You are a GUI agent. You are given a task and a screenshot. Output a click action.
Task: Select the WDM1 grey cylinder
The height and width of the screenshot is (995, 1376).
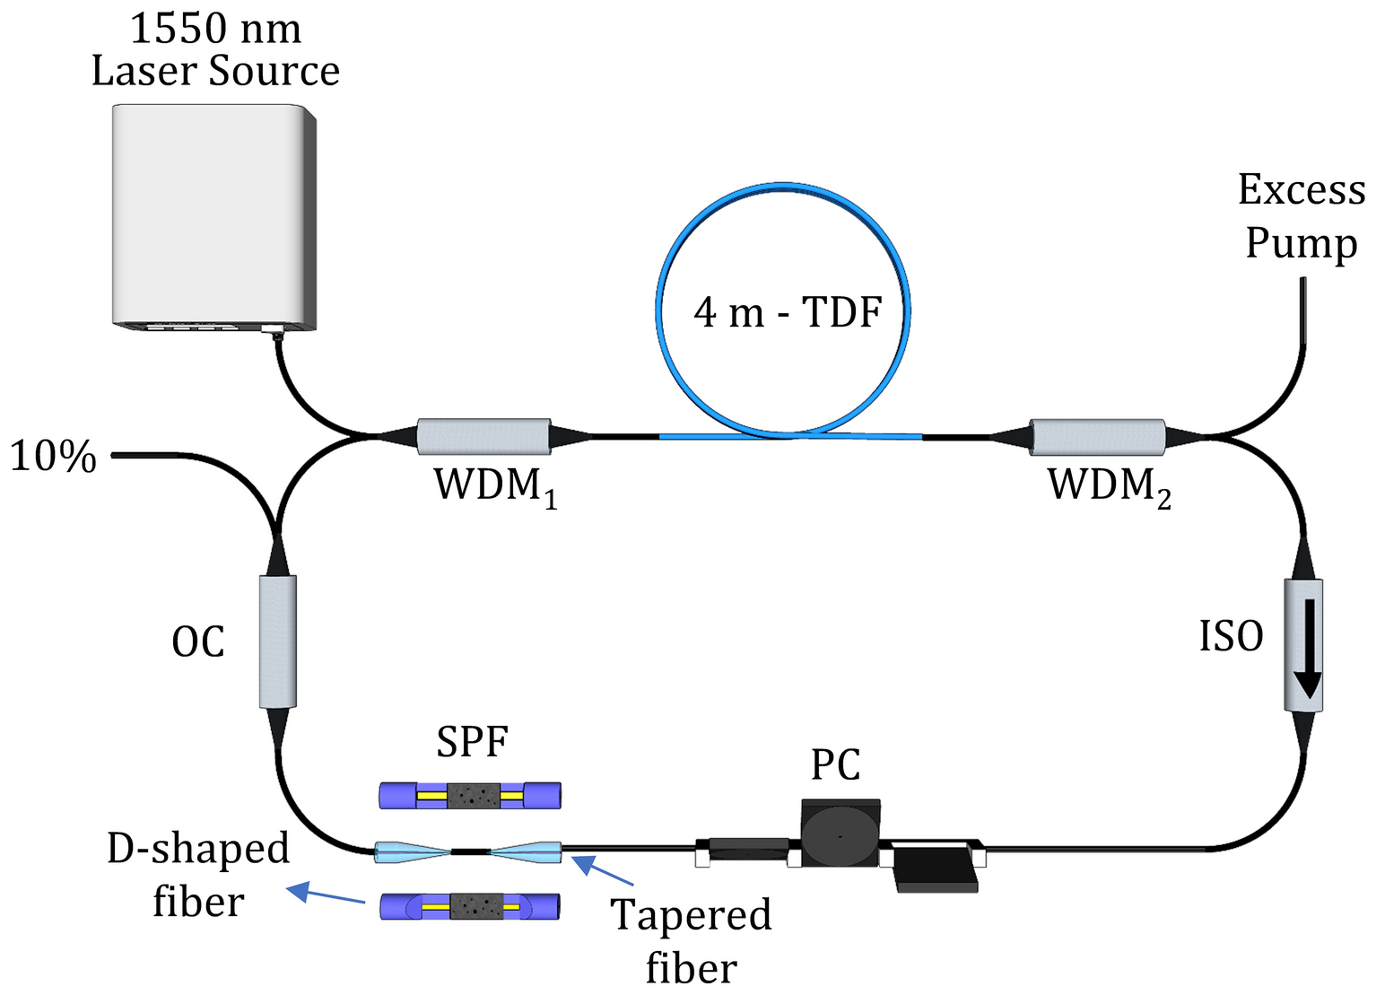(x=483, y=436)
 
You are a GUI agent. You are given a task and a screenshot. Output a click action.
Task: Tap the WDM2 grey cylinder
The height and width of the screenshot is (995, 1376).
(x=1097, y=437)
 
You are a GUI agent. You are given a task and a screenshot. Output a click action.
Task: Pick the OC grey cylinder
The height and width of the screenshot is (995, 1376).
(x=277, y=642)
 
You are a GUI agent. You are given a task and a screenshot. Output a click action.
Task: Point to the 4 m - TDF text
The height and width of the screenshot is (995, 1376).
(x=788, y=312)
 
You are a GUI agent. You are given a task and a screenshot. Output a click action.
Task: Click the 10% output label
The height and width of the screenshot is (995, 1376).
(x=53, y=457)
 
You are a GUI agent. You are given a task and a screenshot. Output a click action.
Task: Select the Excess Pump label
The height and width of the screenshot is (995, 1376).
(x=1301, y=216)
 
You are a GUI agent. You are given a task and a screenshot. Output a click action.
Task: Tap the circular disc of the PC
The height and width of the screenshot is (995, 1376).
(x=840, y=834)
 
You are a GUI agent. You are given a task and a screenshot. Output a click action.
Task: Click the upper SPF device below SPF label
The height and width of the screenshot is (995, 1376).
(x=470, y=795)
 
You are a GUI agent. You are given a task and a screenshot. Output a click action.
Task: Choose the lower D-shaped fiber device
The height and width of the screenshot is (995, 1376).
(x=470, y=906)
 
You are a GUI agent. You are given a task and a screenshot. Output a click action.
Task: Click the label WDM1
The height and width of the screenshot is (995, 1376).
(x=495, y=487)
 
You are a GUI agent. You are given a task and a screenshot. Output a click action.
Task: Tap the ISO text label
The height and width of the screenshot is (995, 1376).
(x=1231, y=637)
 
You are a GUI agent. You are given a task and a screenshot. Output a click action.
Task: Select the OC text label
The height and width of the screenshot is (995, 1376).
(x=198, y=642)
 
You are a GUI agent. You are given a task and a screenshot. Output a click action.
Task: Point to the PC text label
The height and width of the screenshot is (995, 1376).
(x=835, y=765)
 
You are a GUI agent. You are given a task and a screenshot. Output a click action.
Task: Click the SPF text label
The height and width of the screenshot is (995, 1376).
(x=472, y=742)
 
